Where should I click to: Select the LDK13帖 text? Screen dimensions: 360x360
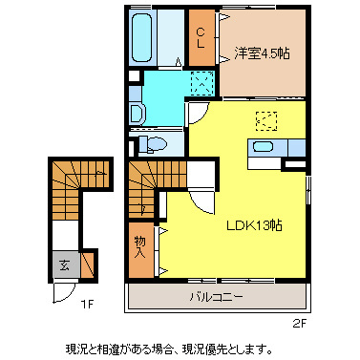tap(253, 225)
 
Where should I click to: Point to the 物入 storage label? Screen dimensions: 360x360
tap(139, 248)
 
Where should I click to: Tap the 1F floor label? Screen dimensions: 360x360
tap(87, 305)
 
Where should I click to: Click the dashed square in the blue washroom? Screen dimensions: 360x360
tap(202, 82)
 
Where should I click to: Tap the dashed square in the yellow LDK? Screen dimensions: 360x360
tap(265, 121)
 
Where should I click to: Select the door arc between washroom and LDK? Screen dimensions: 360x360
tap(198, 114)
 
